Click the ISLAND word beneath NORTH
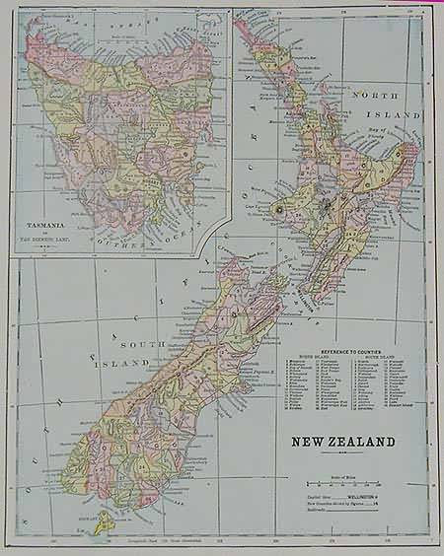[393, 114]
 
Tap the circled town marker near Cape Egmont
[278, 208]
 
